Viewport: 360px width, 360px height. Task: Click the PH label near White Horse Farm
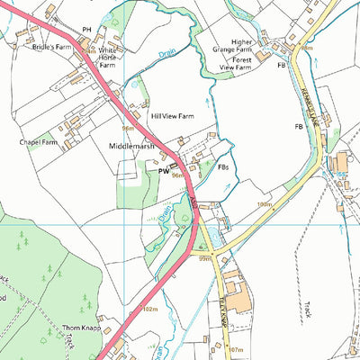click(87, 30)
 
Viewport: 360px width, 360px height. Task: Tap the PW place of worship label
click(164, 170)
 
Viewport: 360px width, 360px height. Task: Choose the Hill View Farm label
click(173, 116)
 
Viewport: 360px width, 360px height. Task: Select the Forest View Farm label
click(241, 67)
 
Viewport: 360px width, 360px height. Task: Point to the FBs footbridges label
click(221, 166)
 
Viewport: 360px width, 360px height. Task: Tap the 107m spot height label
click(236, 348)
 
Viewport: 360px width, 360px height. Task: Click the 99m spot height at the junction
click(205, 257)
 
